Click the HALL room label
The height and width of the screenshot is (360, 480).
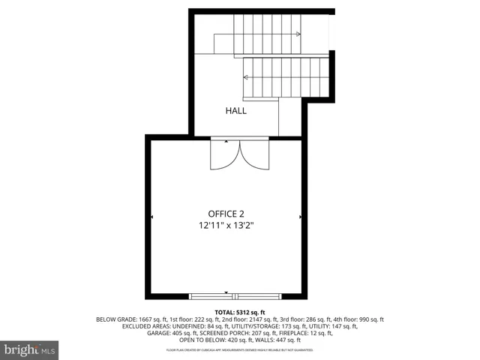[236, 111]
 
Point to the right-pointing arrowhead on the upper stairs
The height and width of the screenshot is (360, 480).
[298, 34]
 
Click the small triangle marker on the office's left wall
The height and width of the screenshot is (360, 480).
[152, 217]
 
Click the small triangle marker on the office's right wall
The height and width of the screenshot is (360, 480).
[301, 217]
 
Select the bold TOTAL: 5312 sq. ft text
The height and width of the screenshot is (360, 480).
[240, 312]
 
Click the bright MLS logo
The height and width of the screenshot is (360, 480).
[30, 349]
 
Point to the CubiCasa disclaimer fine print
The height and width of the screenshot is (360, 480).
[240, 349]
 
